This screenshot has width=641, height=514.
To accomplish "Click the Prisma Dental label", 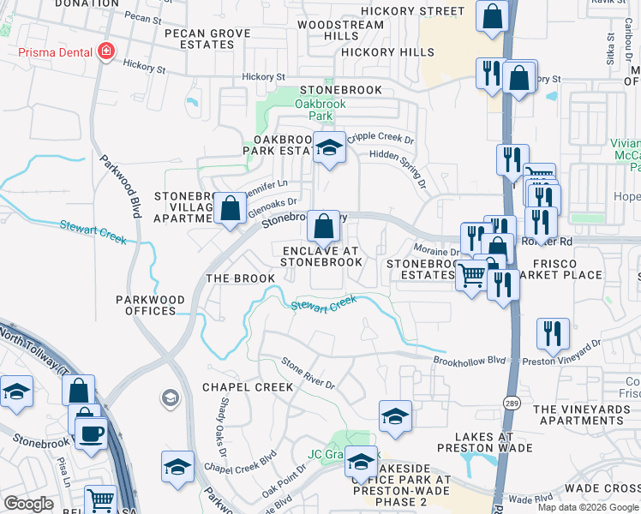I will pos(53,51).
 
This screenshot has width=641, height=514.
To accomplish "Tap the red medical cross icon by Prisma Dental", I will pos(106,51).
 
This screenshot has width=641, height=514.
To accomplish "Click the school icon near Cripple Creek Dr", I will pos(328,148).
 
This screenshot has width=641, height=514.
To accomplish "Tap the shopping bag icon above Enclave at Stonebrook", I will pos(323,227).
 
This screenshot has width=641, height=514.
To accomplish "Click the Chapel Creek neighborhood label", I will pos(248,387).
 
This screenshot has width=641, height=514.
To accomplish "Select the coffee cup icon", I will pos(91,433).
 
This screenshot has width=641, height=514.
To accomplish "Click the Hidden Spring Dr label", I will pos(398,164).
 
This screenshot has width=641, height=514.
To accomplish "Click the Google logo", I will pos(28,504).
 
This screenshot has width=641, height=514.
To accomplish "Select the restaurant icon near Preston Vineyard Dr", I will pos(552,334).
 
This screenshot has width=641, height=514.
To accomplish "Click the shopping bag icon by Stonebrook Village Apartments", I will pos(230,208).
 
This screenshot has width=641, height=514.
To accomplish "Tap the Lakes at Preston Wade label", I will pos(476,441).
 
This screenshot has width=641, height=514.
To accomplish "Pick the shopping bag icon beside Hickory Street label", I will pos(493,17).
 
